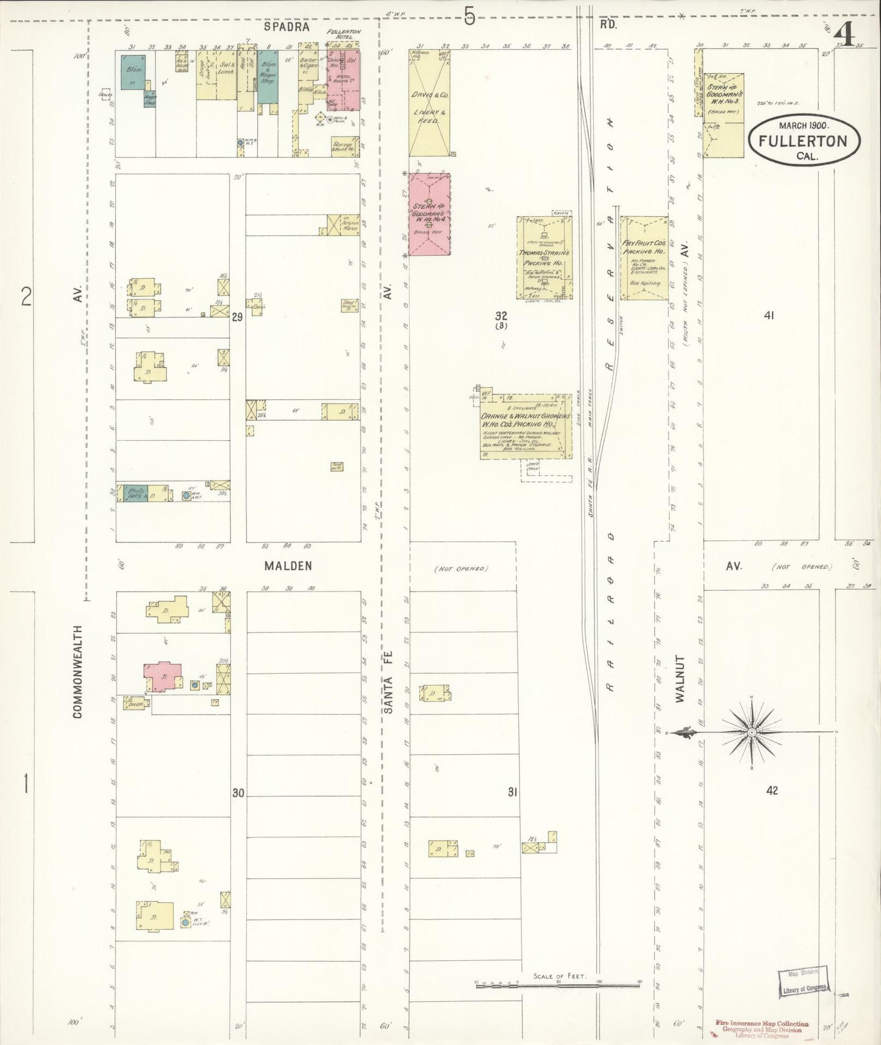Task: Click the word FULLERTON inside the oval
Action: pyautogui.click(x=802, y=141)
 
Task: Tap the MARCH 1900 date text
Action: pyautogui.click(x=802, y=126)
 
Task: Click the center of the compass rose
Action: pyautogui.click(x=752, y=732)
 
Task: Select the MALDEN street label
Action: pyautogui.click(x=288, y=566)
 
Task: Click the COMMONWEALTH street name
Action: pyautogui.click(x=77, y=671)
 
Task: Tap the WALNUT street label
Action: pyautogui.click(x=680, y=679)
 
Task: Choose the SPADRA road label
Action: pyautogui.click(x=287, y=27)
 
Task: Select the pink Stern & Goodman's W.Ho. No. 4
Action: pyautogui.click(x=429, y=213)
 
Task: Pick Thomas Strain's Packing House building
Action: pyautogui.click(x=544, y=257)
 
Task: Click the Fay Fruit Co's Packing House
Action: pyautogui.click(x=644, y=258)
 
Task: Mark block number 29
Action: pyautogui.click(x=237, y=317)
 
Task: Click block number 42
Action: pyautogui.click(x=772, y=791)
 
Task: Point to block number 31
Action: pyautogui.click(x=512, y=792)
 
